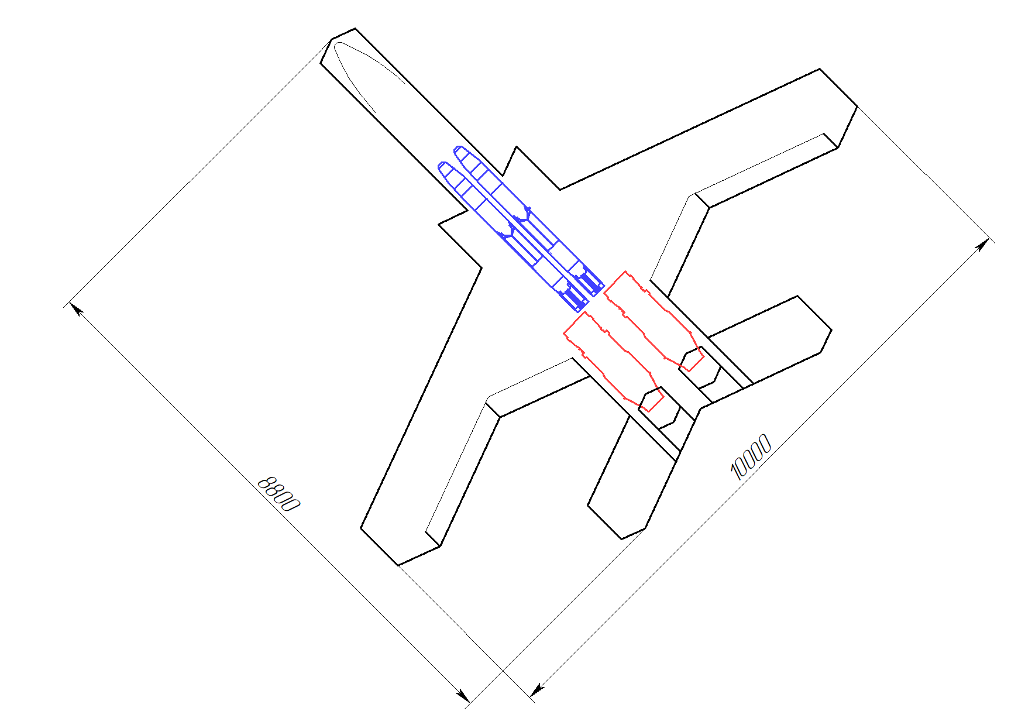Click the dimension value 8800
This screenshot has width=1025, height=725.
tap(279, 493)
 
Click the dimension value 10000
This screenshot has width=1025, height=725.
tap(751, 457)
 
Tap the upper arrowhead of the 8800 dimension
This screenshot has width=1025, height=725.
tap(74, 308)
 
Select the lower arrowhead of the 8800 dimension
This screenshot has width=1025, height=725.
tap(463, 696)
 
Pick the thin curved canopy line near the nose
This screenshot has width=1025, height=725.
tap(363, 70)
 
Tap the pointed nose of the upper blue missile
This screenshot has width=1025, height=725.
tap(456, 149)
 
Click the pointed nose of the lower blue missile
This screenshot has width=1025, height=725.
tap(440, 165)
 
